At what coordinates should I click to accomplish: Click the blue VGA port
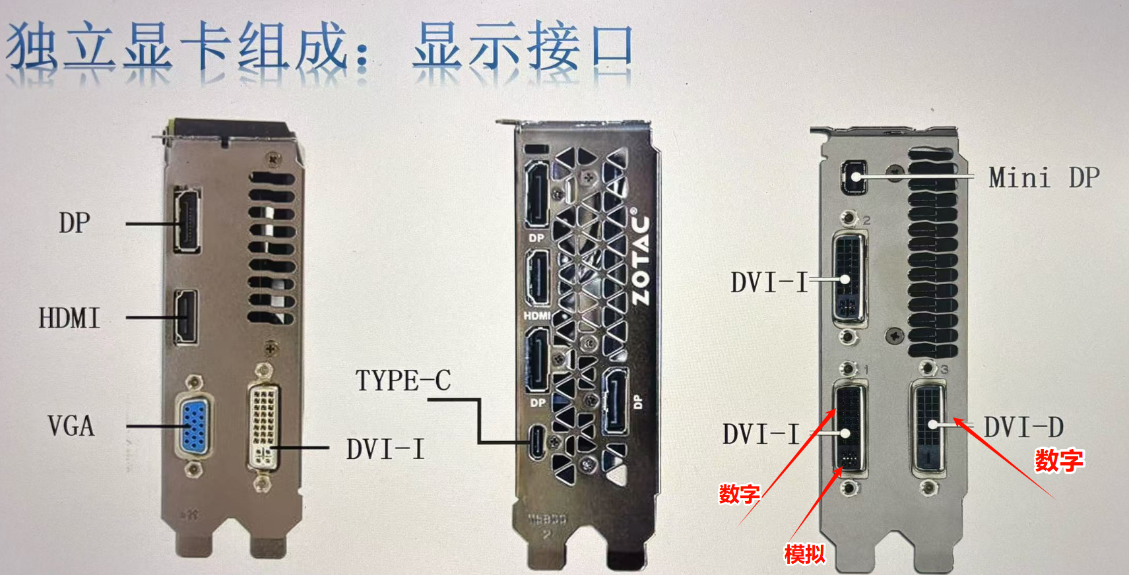(x=195, y=427)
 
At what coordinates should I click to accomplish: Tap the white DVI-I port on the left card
(x=263, y=427)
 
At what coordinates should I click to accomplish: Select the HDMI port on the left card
(x=185, y=317)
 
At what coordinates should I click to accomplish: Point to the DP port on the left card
(x=187, y=220)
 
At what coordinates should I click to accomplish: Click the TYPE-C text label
(x=403, y=380)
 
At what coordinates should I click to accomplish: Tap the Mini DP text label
(x=1044, y=178)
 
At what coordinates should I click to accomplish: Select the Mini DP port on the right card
(x=855, y=177)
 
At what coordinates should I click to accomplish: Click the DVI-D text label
(x=1023, y=427)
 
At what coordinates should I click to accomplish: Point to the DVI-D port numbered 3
(x=929, y=429)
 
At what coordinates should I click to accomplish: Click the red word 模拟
(x=805, y=555)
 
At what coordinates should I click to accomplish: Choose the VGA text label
(x=71, y=426)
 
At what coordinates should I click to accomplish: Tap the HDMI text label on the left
(x=69, y=318)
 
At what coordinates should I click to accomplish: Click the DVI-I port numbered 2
(x=850, y=277)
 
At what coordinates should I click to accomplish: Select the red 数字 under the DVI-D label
(x=1059, y=461)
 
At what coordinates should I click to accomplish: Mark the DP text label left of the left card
(x=75, y=222)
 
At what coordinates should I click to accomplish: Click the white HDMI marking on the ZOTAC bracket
(x=536, y=316)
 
